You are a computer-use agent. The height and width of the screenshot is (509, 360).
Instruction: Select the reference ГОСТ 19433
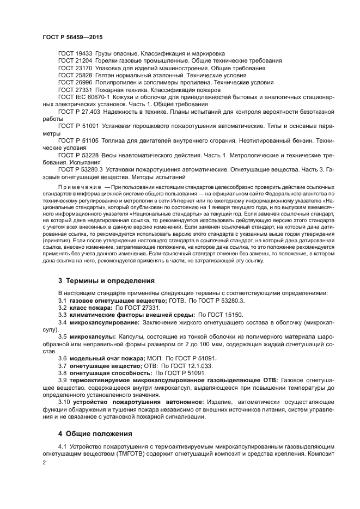[75, 54]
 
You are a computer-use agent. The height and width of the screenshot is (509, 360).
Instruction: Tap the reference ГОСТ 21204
[75, 61]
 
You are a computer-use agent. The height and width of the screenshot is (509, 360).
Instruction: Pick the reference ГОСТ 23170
[75, 68]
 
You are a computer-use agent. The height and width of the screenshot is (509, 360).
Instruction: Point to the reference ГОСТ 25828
[75, 75]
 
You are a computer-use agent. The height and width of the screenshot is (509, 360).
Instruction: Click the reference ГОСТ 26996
[75, 82]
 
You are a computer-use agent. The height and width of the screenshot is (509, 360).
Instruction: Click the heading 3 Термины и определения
[106, 281]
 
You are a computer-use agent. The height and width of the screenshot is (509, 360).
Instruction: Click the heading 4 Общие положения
[95, 434]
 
